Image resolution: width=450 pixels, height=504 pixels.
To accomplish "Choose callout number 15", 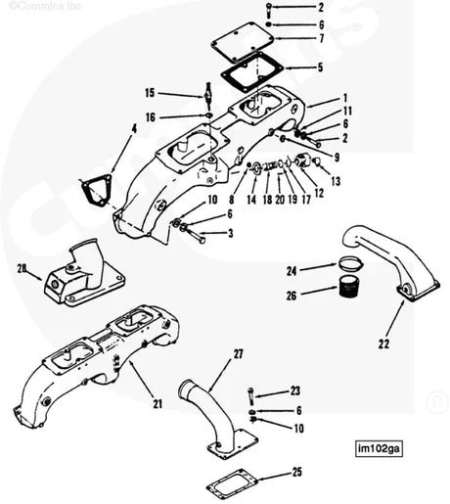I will (x=150, y=93).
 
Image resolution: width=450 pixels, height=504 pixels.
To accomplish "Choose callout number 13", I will (x=335, y=182).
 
